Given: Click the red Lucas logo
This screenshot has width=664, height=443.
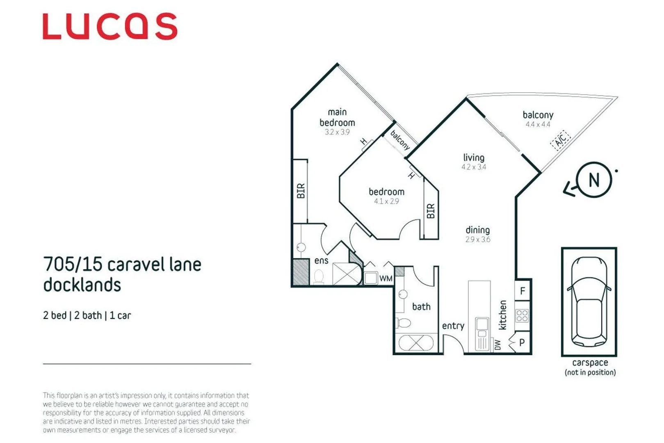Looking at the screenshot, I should click(x=110, y=27).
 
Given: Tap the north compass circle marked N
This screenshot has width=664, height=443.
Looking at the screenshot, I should click(x=593, y=180).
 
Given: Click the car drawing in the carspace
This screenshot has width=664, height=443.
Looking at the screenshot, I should click(x=589, y=301).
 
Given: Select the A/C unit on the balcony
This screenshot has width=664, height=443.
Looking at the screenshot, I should click(x=560, y=140).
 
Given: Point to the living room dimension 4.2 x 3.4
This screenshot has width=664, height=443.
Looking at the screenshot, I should click(x=474, y=167).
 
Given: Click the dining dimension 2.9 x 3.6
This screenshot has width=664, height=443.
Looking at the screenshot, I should click(x=478, y=240).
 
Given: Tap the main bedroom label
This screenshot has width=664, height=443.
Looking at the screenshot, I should click(x=337, y=117).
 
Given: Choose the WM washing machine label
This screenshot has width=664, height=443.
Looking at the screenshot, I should click(x=386, y=279).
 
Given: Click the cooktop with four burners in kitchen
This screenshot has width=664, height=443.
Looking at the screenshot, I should click(x=522, y=315).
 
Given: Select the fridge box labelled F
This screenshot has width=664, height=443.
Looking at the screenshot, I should click(x=523, y=291).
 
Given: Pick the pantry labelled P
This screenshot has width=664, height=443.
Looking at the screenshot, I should click(x=522, y=343).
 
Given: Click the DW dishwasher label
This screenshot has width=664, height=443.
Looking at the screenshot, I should click(x=497, y=345).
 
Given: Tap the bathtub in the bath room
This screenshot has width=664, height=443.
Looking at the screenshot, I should click(x=416, y=343).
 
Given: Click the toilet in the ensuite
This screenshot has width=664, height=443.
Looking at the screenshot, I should click(x=319, y=277).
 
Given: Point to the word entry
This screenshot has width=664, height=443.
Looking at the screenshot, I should click(x=453, y=326).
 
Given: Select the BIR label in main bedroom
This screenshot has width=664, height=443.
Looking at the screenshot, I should click(x=301, y=191).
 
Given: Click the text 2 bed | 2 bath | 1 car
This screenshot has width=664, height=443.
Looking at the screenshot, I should click(x=87, y=315).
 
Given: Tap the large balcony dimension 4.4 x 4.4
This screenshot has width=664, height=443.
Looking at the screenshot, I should click(x=538, y=125).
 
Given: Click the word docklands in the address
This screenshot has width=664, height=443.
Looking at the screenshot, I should click(x=82, y=285).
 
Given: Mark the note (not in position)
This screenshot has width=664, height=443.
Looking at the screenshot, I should click(x=590, y=372).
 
